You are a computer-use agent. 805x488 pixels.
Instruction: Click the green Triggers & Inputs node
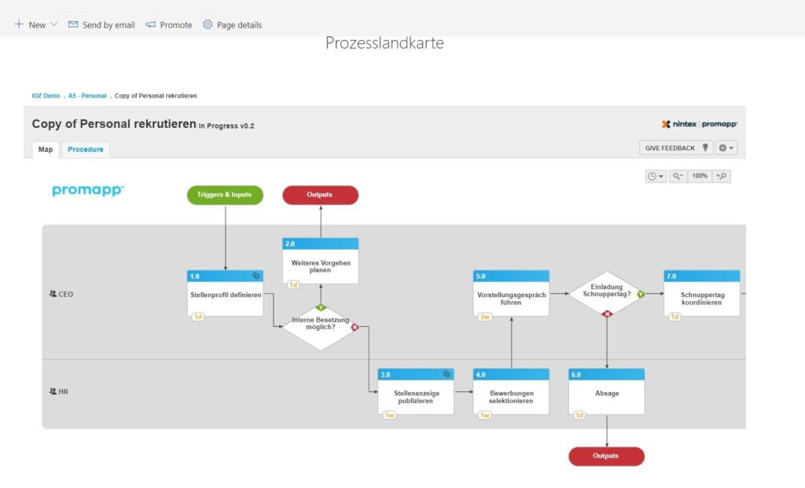(x=225, y=195)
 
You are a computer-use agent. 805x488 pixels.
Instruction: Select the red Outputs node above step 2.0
(x=321, y=195)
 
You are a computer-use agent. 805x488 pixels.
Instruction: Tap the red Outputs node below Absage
(x=606, y=457)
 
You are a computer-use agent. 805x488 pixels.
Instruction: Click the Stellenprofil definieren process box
(x=226, y=294)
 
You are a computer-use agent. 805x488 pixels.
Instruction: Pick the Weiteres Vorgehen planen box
(x=321, y=261)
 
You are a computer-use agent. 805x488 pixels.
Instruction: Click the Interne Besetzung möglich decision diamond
(x=321, y=327)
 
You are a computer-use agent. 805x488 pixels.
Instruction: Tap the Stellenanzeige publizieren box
(x=416, y=392)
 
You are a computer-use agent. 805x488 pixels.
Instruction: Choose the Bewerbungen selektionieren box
(x=511, y=392)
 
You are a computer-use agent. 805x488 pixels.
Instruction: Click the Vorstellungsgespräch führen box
(x=511, y=294)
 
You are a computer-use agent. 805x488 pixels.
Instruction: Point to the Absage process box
(x=607, y=392)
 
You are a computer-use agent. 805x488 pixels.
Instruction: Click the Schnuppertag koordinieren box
(x=702, y=294)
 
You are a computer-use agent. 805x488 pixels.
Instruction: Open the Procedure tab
(x=86, y=149)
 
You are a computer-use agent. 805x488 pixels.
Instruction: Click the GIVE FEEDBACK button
(x=676, y=148)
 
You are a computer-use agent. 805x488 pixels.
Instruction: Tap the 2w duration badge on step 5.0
(x=484, y=317)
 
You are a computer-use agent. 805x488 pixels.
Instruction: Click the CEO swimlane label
(x=61, y=294)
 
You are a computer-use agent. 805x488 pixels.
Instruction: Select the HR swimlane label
(x=58, y=391)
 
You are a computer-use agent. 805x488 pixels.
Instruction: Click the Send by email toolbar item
(x=101, y=24)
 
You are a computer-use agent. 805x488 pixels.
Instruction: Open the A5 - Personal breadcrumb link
(x=87, y=96)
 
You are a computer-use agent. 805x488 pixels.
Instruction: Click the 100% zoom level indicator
(x=700, y=176)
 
